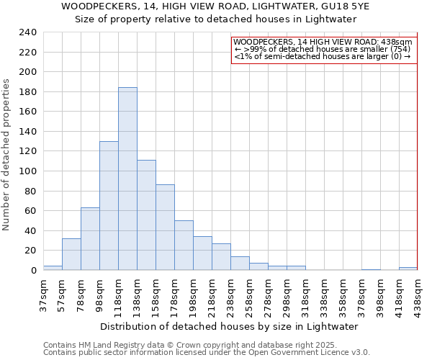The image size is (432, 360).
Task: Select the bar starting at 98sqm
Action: [x=109, y=205]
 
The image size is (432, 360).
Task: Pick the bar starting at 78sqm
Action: [x=90, y=238]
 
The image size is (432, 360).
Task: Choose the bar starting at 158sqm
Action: [x=165, y=227]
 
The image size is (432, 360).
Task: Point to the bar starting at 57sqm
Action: [x=71, y=254]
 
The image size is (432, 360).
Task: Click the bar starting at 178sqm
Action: [x=184, y=245]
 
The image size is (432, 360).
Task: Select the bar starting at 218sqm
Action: [x=221, y=256]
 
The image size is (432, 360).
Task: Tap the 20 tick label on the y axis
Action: [x=32, y=251]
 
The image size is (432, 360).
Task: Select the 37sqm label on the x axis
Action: [x=44, y=294]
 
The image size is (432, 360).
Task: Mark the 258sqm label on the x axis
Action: [x=250, y=295]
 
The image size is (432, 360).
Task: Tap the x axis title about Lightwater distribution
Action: [x=229, y=326]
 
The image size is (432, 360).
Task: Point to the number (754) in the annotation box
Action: [x=398, y=49]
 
